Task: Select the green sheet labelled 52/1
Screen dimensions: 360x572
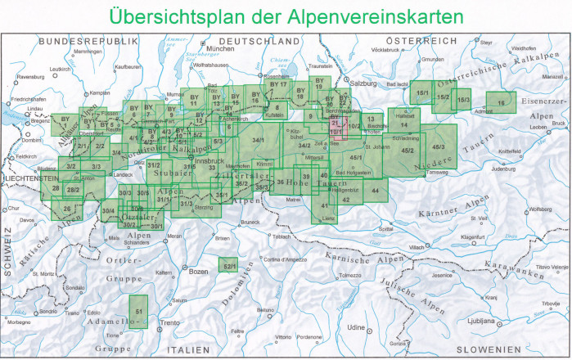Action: point(229,264)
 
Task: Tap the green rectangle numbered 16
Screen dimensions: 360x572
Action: point(501,101)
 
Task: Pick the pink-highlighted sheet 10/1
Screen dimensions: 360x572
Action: point(336,131)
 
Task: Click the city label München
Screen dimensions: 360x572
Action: point(221,49)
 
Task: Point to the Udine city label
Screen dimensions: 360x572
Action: point(354,326)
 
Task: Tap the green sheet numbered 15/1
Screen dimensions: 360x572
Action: point(421,93)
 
